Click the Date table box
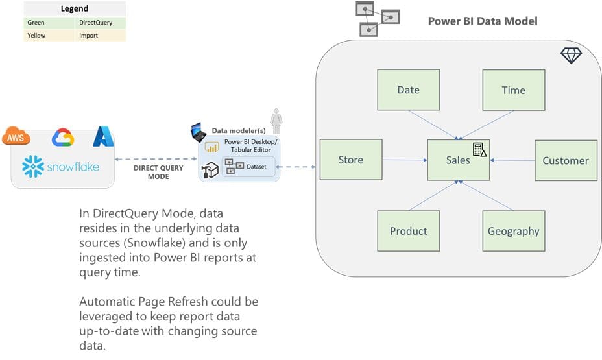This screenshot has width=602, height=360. (409, 90)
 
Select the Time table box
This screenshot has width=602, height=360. (513, 90)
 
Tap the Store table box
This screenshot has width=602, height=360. (350, 160)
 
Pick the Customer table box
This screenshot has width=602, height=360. (566, 160)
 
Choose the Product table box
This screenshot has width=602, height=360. (409, 231)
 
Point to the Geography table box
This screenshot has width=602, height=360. (513, 231)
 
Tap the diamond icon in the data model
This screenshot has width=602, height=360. (571, 56)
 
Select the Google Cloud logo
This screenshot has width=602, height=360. (63, 138)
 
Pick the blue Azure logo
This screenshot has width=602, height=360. (103, 136)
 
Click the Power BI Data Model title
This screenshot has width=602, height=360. (483, 21)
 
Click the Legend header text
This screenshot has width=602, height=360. (75, 9)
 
